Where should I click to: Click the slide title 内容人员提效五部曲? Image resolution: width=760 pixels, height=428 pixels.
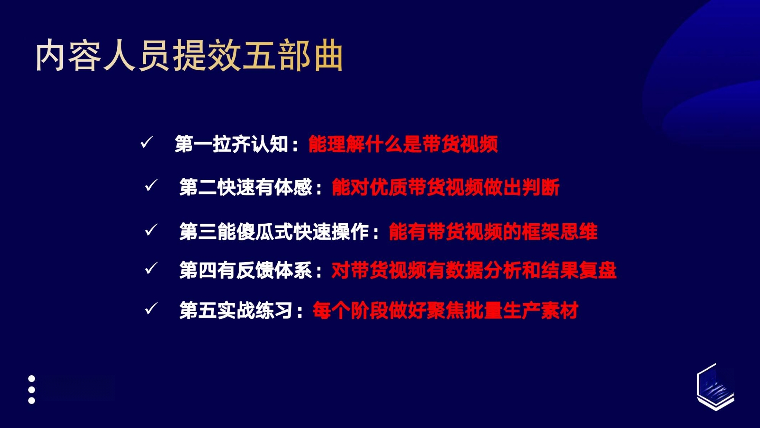(x=189, y=56)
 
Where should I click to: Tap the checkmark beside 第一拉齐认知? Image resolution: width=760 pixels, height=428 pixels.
(x=147, y=142)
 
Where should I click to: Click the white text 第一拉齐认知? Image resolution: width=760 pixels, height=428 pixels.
(x=232, y=144)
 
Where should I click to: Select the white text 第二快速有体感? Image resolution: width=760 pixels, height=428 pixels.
(x=246, y=187)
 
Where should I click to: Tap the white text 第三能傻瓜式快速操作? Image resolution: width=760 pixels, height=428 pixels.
(x=274, y=231)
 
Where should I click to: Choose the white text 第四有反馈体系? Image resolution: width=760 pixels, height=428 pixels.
(x=246, y=270)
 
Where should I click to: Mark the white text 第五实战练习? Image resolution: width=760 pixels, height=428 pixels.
(x=236, y=310)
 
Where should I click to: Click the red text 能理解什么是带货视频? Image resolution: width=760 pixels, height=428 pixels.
(x=403, y=144)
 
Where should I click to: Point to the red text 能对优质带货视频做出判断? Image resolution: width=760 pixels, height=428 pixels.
(x=446, y=187)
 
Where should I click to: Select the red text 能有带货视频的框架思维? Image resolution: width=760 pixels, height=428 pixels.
(x=493, y=231)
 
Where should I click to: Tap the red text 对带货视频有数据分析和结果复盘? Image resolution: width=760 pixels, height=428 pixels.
(x=474, y=270)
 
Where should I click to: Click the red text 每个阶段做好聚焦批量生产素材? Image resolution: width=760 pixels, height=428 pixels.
(x=446, y=310)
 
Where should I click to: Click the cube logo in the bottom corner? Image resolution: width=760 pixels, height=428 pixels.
(x=715, y=387)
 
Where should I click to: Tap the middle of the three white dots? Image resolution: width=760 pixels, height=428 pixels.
(x=32, y=390)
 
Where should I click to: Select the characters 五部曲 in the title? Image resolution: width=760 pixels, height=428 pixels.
(x=292, y=56)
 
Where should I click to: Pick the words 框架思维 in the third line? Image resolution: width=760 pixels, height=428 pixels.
(x=560, y=231)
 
